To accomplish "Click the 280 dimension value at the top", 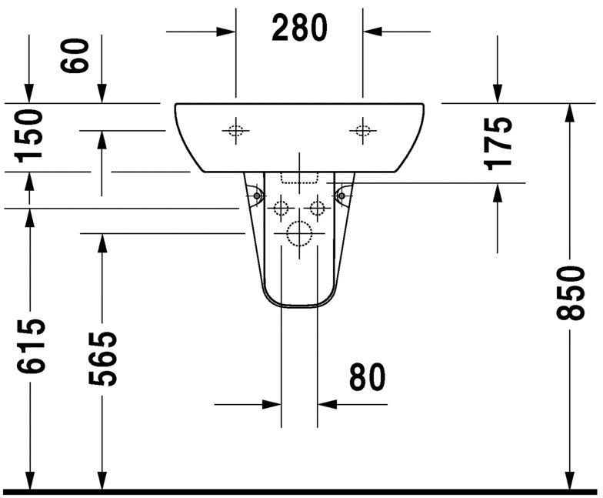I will point(299,28).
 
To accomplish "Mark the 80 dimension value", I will point(367,377).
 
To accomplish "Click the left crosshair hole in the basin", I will point(235,131).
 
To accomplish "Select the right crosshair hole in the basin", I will point(362,131).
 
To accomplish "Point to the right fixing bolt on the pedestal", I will point(341,197).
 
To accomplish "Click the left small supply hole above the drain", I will point(281,207).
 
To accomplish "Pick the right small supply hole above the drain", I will point(316,207).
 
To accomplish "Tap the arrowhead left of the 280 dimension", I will point(226,32).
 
